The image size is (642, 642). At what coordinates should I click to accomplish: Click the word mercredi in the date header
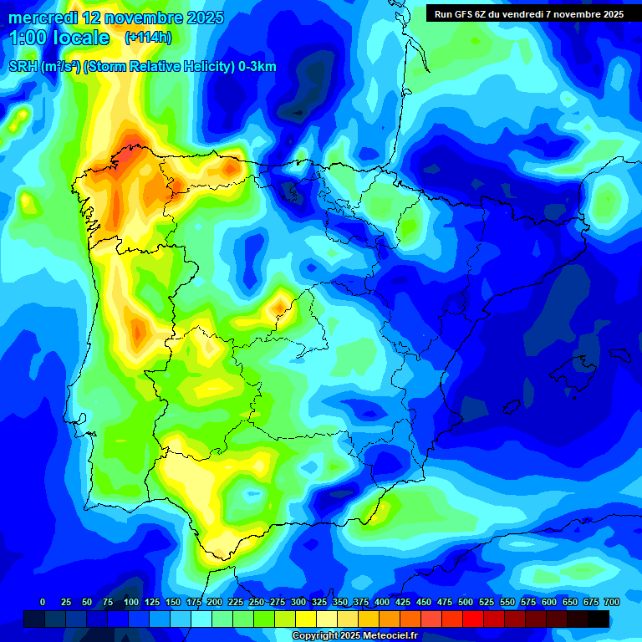42,18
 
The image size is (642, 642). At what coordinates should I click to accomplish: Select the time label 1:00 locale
59,38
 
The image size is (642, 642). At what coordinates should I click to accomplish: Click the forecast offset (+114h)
148,38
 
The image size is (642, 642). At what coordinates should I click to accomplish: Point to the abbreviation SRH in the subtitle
23,67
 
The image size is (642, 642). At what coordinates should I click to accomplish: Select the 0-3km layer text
256,67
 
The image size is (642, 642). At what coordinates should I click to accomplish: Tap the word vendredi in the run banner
522,13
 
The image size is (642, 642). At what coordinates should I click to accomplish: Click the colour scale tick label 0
43,603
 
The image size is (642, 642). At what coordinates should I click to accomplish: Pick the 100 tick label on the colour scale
131,603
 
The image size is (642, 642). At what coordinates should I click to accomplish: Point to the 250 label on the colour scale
257,603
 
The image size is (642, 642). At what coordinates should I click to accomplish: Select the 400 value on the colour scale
382,603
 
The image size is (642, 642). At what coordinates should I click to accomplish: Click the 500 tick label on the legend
466,603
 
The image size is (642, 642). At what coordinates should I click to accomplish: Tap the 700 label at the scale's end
611,603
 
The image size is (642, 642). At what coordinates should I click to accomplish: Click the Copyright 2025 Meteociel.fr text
354,636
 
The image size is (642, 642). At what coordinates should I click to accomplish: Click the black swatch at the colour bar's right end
599,619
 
